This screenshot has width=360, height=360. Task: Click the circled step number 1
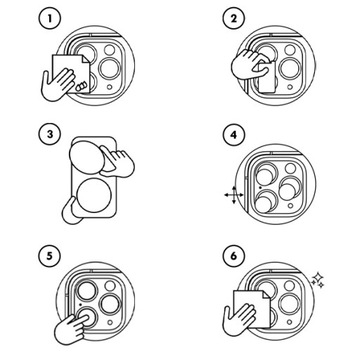50,19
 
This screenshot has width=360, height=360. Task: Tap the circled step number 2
234,19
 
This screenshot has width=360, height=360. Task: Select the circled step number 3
50,135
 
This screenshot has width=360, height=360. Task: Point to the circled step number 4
234,135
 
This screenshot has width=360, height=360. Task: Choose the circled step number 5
50,256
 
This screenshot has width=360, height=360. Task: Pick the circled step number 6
234,256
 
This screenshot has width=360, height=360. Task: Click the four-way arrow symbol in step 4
234,195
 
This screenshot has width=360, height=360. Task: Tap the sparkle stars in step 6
318,280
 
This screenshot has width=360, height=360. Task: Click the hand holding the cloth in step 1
57,84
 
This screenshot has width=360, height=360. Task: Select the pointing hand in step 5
73,328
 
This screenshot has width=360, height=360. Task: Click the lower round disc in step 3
94,195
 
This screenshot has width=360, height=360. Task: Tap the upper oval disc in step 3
88,156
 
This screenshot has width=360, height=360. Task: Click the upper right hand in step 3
119,162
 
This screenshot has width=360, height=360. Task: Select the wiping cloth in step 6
252,308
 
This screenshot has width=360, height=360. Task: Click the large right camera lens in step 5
110,305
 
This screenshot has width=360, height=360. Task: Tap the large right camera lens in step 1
110,69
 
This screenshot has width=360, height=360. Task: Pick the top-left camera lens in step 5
86,290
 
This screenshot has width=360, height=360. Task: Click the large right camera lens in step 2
290,69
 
